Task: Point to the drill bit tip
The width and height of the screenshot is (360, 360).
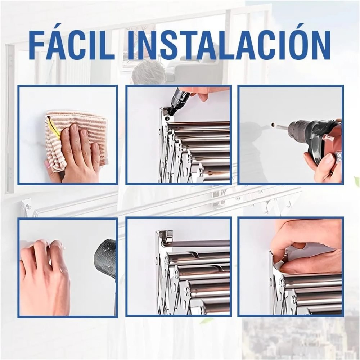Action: tap(274, 126)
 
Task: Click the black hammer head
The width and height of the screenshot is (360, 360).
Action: tap(105, 257)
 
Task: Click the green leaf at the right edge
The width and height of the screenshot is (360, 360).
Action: tap(356, 182)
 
